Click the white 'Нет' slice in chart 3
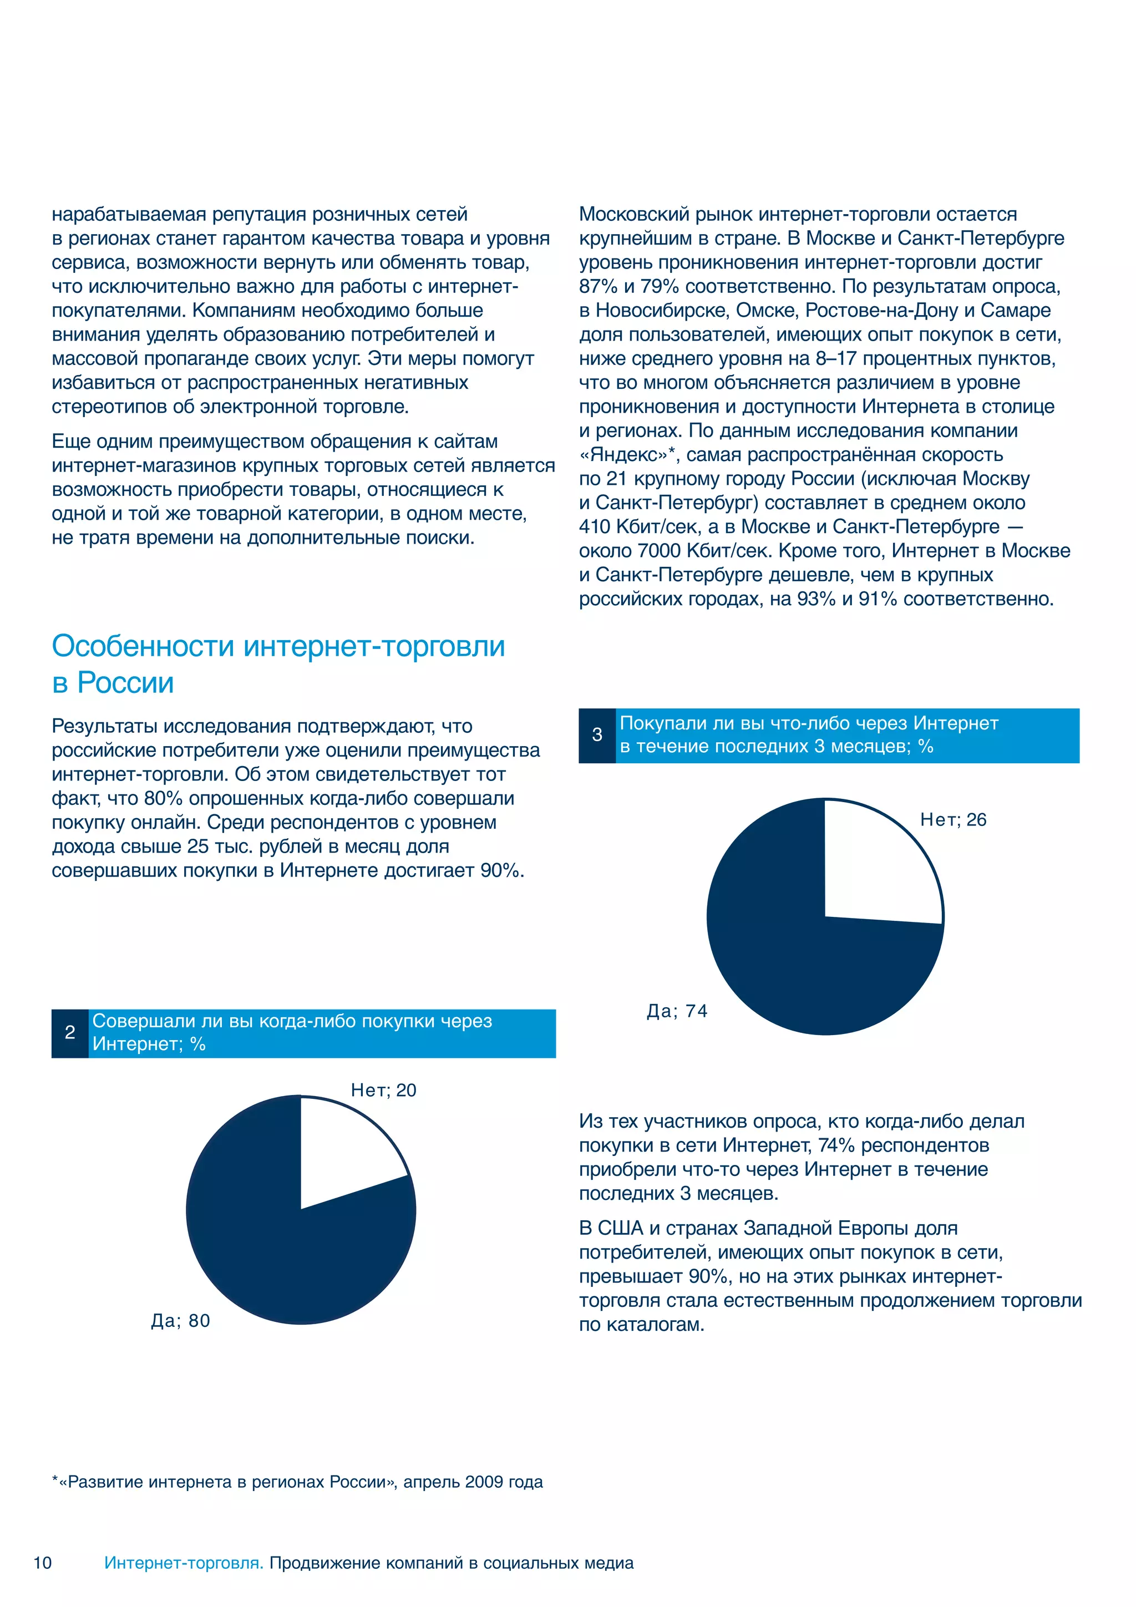coord(879,864)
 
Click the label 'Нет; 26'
coord(952,820)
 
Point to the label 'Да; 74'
coord(676,1011)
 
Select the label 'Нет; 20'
coord(383,1090)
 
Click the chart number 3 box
coord(597,735)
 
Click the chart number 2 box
coord(70,1032)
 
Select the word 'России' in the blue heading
coord(125,683)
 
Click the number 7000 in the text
coord(658,551)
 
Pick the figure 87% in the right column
coord(598,286)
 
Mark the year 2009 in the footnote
coord(483,1482)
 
